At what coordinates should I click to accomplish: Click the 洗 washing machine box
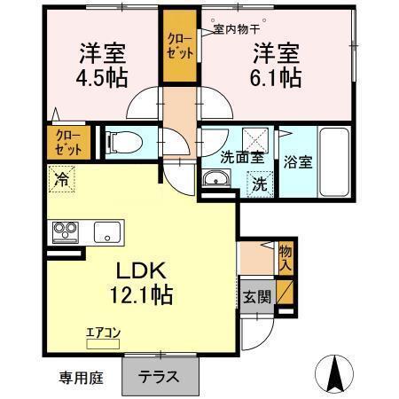click(259, 185)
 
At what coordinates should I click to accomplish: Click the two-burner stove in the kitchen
click(65, 232)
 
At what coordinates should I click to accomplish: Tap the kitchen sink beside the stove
click(106, 232)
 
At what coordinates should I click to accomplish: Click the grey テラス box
click(159, 375)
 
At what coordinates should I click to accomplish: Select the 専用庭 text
click(82, 378)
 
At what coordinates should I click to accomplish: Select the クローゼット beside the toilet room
click(66, 142)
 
